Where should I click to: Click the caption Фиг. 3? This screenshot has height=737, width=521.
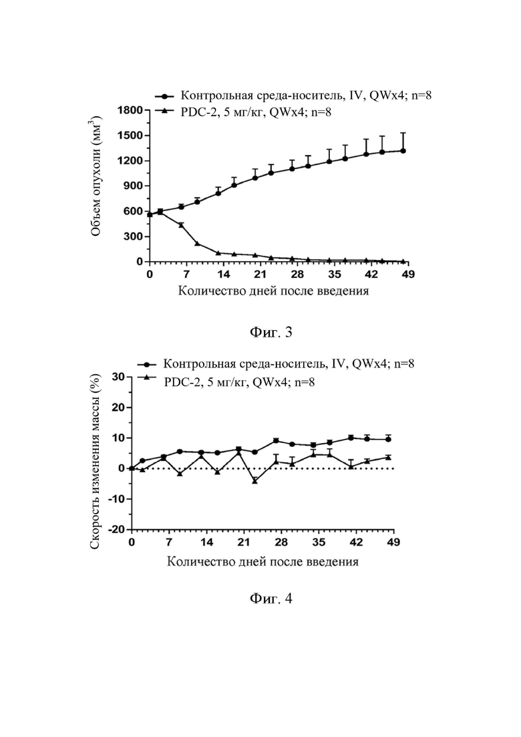pyautogui.click(x=271, y=332)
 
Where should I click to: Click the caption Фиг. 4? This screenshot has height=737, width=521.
pyautogui.click(x=271, y=598)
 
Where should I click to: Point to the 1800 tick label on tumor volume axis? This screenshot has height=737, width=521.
pyautogui.click(x=130, y=110)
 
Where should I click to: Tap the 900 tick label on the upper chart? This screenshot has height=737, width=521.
pyautogui.click(x=133, y=186)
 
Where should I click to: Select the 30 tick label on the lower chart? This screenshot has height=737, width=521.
pyautogui.click(x=118, y=377)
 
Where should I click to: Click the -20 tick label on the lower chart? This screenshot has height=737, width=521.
pyautogui.click(x=116, y=529)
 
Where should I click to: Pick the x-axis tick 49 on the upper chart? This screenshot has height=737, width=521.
pyautogui.click(x=408, y=274)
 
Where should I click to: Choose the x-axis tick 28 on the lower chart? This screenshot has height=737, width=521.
pyautogui.click(x=281, y=542)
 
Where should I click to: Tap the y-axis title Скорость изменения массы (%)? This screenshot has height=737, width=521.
pyautogui.click(x=95, y=461)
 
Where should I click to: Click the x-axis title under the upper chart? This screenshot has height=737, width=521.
pyautogui.click(x=273, y=291)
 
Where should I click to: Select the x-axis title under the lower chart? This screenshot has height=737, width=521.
pyautogui.click(x=263, y=562)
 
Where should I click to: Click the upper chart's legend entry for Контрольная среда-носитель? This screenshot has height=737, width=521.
pyautogui.click(x=293, y=96)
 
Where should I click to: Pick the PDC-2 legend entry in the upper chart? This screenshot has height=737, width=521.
pyautogui.click(x=243, y=112)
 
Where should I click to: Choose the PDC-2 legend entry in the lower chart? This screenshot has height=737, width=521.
pyautogui.click(x=226, y=382)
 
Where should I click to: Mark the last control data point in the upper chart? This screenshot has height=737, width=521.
pyautogui.click(x=403, y=151)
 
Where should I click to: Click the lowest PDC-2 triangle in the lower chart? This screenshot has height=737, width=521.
pyautogui.click(x=254, y=481)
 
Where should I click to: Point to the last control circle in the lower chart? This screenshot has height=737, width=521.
pyautogui.click(x=388, y=440)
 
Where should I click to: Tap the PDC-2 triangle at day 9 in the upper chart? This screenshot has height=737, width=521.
pyautogui.click(x=197, y=243)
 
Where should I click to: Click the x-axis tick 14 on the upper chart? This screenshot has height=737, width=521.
pyautogui.click(x=224, y=274)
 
